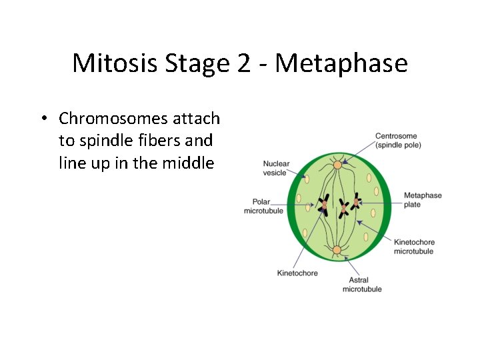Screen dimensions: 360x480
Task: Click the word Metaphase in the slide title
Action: [x=341, y=63]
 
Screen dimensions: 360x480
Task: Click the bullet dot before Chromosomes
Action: [x=42, y=119]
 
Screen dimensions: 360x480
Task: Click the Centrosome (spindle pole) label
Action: [x=398, y=141]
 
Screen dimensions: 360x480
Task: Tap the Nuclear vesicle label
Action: [x=275, y=168]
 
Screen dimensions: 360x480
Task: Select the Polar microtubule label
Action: [x=263, y=206]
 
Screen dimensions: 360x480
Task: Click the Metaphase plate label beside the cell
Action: [x=422, y=200]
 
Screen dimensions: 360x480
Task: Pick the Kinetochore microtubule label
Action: [x=413, y=247]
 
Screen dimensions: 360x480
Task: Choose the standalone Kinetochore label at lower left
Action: [x=297, y=273]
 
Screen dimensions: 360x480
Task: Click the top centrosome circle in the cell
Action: [x=337, y=164]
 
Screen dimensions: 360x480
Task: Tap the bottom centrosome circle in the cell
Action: [x=337, y=250]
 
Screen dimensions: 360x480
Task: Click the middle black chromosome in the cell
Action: [x=343, y=207]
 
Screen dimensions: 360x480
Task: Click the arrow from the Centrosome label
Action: [x=359, y=153]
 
